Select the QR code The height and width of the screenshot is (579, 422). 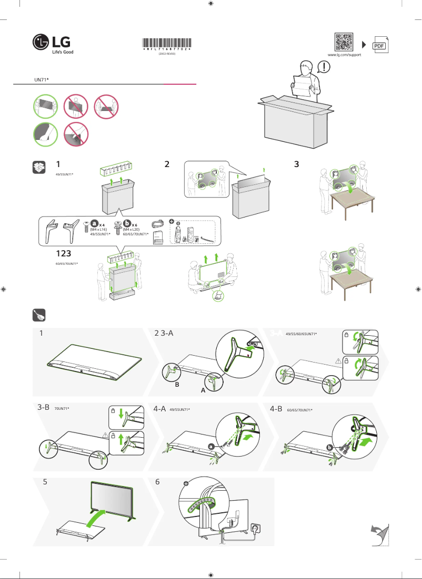coord(344,42)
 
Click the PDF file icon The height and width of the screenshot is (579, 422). coord(380,45)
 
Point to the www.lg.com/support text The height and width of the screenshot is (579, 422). coord(344,55)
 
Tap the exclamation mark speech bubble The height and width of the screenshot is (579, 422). coord(325,67)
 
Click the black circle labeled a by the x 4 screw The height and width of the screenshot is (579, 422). coord(95,224)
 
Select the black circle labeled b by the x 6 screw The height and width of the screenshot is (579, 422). coord(127,224)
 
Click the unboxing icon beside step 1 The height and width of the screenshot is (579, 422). coord(38,167)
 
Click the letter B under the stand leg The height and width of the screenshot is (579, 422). coord(177,385)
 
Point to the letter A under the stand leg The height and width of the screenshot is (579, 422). coord(203,391)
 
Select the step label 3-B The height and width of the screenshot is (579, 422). coord(44,408)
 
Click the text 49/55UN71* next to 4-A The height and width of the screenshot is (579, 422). coord(179,409)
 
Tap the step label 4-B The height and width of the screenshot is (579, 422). coord(276,408)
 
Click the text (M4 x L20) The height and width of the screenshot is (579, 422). coord(129,230)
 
